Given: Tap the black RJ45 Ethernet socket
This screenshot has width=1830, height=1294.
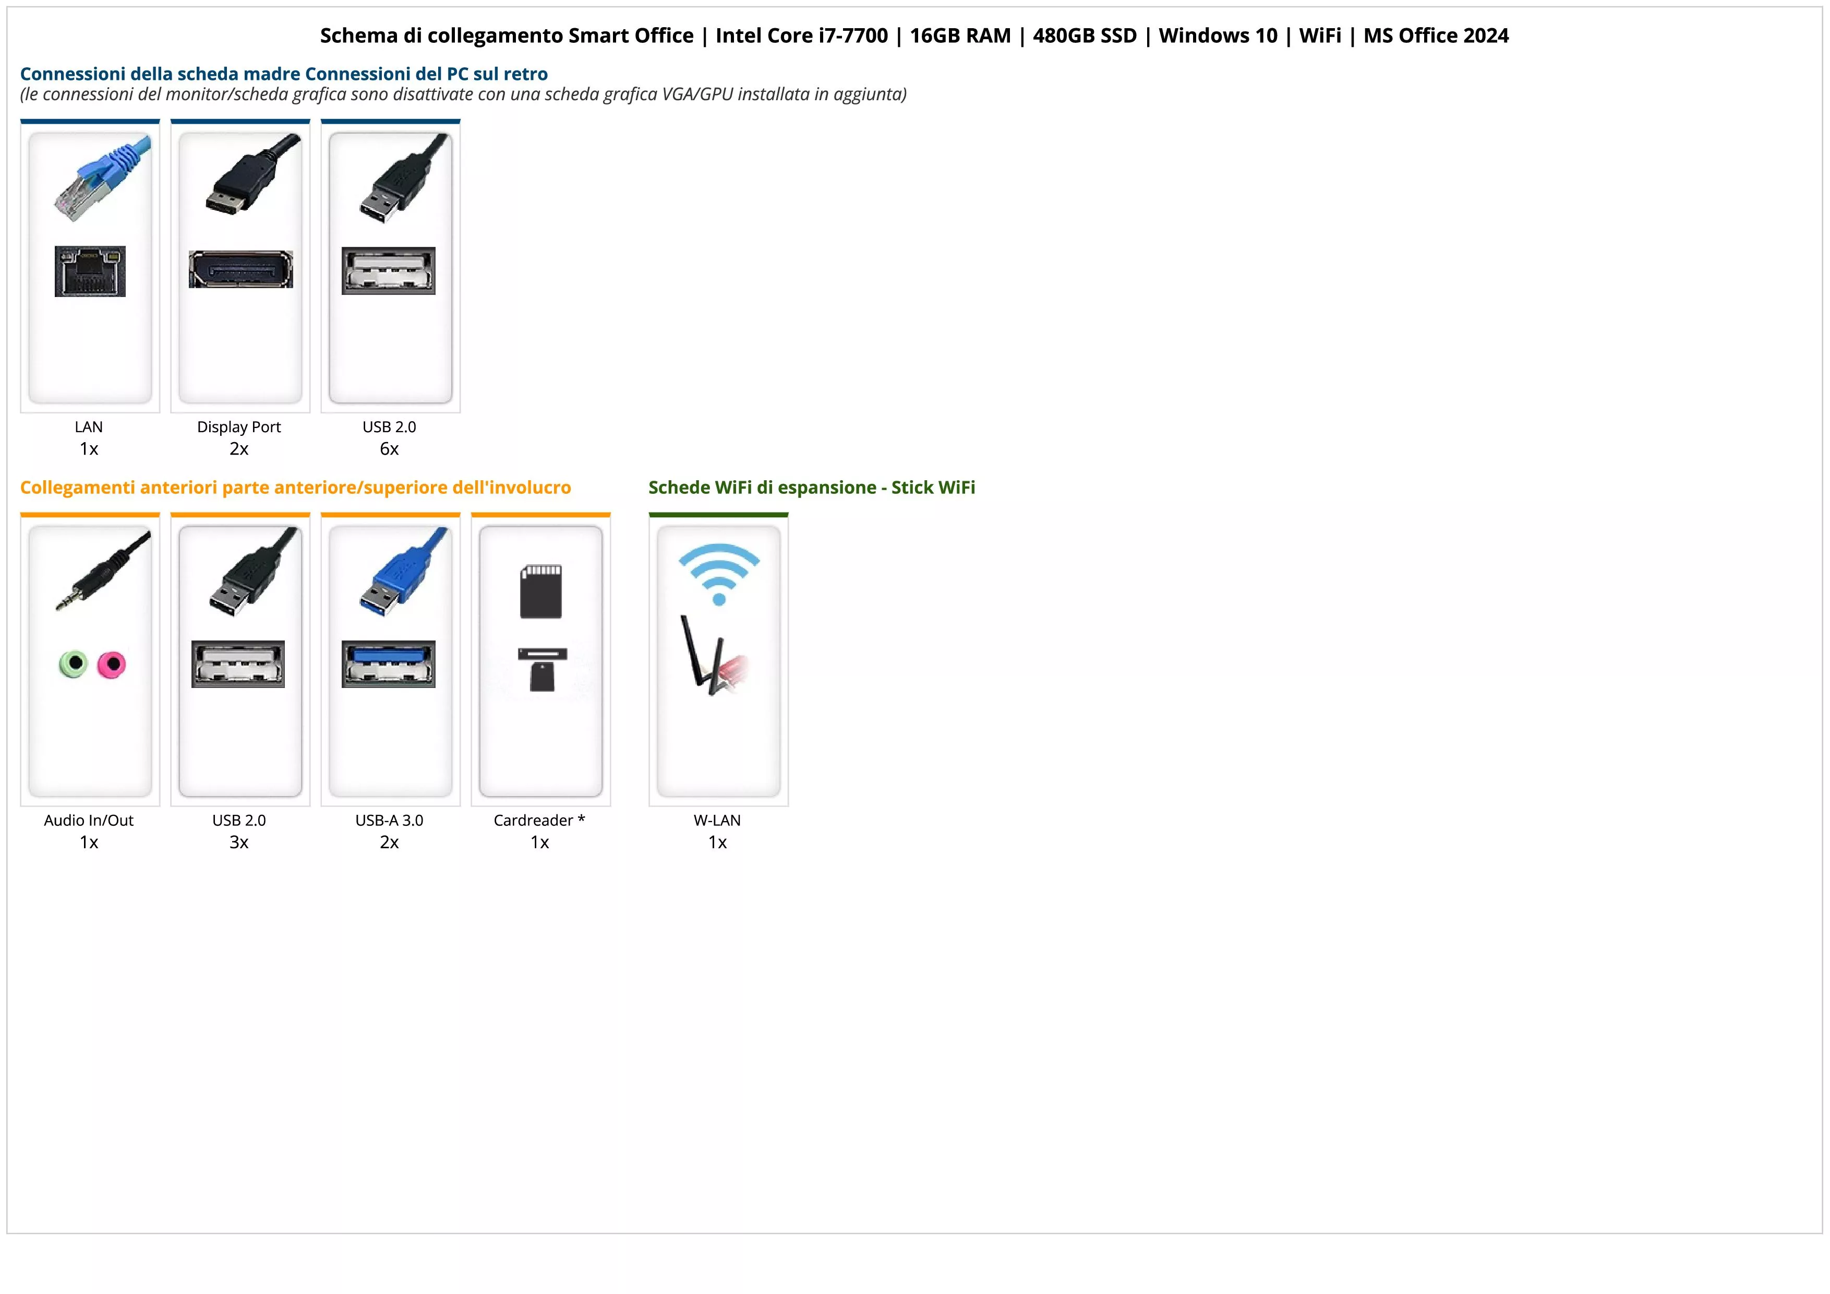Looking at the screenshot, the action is pyautogui.click(x=90, y=271).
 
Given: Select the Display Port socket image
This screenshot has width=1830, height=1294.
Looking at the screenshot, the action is pyautogui.click(x=240, y=269).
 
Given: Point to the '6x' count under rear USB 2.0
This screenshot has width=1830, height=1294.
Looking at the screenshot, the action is pyautogui.click(x=389, y=449).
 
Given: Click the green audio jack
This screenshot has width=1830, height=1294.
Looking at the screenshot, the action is pyautogui.click(x=74, y=663).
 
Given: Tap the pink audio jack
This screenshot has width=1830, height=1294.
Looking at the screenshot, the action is pyautogui.click(x=112, y=664).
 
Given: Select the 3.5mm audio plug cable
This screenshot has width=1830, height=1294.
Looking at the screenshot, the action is pyautogui.click(x=102, y=570).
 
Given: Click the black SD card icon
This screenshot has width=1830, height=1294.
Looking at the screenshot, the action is pyautogui.click(x=541, y=591).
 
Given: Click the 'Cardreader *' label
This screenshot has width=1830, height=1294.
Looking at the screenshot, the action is pyautogui.click(x=539, y=821).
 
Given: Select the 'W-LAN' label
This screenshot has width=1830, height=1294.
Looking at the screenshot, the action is pyautogui.click(x=717, y=821).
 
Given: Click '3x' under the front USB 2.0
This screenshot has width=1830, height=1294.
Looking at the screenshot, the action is pyautogui.click(x=239, y=842).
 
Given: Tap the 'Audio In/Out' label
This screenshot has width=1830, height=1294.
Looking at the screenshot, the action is pyautogui.click(x=89, y=821).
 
